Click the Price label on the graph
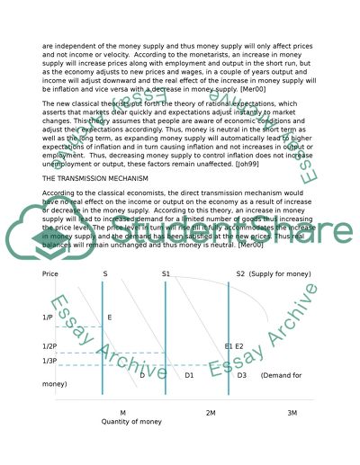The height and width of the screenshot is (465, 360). point(50,273)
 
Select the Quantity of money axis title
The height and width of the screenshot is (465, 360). point(131,421)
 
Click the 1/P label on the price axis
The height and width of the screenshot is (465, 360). point(48,317)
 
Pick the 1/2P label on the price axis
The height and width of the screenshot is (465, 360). point(50,346)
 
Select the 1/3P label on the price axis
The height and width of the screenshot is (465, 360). point(50,361)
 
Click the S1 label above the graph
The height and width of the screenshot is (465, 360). point(166,273)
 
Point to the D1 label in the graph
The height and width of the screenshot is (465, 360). point(189,375)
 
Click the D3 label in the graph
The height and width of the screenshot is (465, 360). point(242,375)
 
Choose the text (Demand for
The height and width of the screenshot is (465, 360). point(281,375)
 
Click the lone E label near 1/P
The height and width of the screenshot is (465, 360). point(110,317)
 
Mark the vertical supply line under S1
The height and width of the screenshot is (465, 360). point(166,342)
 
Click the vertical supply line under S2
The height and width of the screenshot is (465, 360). point(229,342)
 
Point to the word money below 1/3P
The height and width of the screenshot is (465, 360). point(55,384)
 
